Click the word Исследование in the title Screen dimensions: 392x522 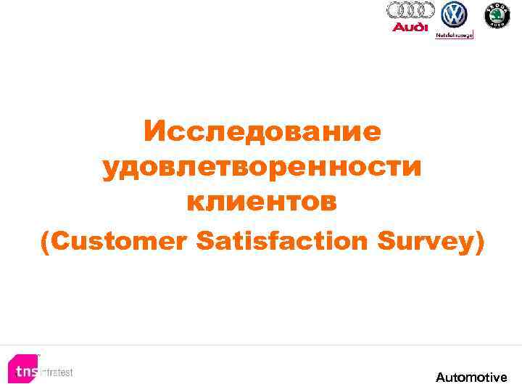[262, 131]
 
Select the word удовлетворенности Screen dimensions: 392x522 [262, 168]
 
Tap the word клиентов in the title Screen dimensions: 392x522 [262, 203]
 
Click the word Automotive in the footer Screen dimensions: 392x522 [471, 377]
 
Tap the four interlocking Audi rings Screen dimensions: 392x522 [410, 10]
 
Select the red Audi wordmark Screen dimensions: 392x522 [410, 27]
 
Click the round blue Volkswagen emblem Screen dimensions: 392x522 [455, 14]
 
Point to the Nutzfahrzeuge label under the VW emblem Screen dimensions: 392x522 [455, 34]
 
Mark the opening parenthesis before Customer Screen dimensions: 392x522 [46, 242]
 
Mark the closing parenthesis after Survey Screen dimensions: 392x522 [477, 242]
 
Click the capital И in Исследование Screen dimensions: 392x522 [154, 131]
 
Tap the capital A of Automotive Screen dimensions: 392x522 [441, 377]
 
